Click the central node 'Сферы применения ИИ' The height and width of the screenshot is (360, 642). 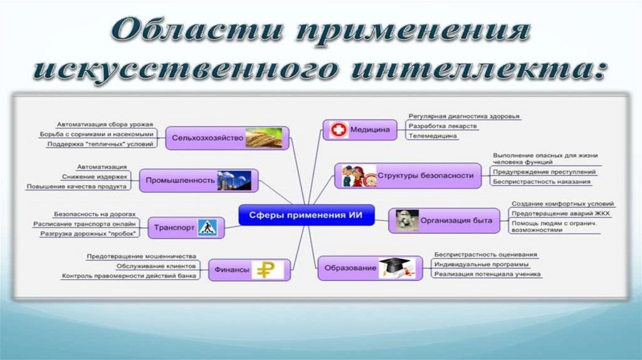[306, 216]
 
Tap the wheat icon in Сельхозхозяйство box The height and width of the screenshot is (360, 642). [263, 137]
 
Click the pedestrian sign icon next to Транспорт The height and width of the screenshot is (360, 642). [207, 227]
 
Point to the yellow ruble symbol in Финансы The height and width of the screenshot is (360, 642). [268, 270]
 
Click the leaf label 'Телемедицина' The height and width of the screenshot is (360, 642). [433, 136]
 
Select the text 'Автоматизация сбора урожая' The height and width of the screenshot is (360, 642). [105, 124]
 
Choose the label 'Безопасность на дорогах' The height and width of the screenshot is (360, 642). [94, 214]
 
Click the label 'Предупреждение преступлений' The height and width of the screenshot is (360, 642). [544, 172]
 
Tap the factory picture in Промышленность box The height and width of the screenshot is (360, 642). [234, 180]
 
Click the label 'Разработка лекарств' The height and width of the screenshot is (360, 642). [443, 126]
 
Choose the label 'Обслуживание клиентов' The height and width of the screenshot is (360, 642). [155, 266]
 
